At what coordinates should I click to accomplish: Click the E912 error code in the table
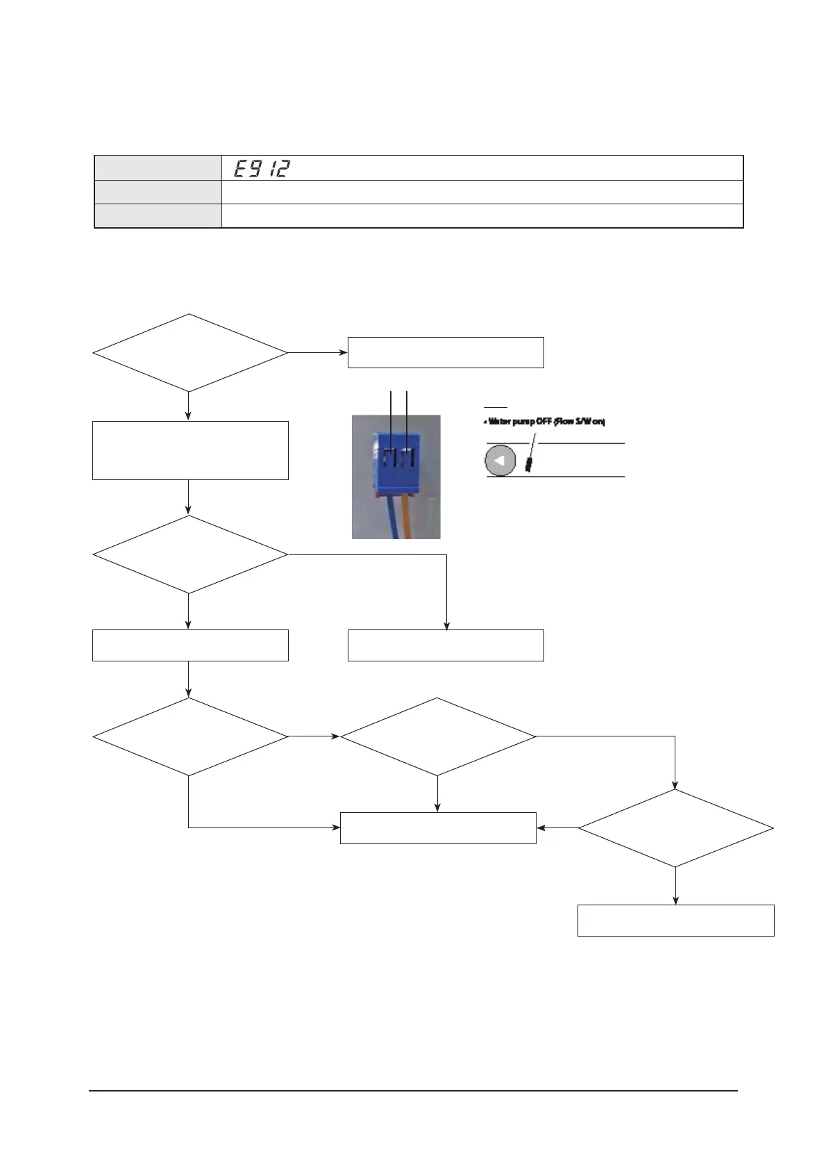tap(261, 168)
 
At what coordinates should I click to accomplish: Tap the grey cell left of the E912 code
tap(158, 168)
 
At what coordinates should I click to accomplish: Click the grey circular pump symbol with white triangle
tap(500, 460)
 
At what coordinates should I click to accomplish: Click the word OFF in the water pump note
tap(543, 422)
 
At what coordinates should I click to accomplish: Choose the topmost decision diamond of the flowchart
tap(189, 353)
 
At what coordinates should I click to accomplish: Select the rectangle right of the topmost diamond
tap(445, 352)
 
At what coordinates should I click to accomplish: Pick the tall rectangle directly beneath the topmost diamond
tap(189, 450)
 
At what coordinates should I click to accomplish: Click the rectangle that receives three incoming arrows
tap(437, 827)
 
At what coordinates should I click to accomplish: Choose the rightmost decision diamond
tap(675, 828)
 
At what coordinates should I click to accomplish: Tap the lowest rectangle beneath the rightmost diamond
tap(675, 920)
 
